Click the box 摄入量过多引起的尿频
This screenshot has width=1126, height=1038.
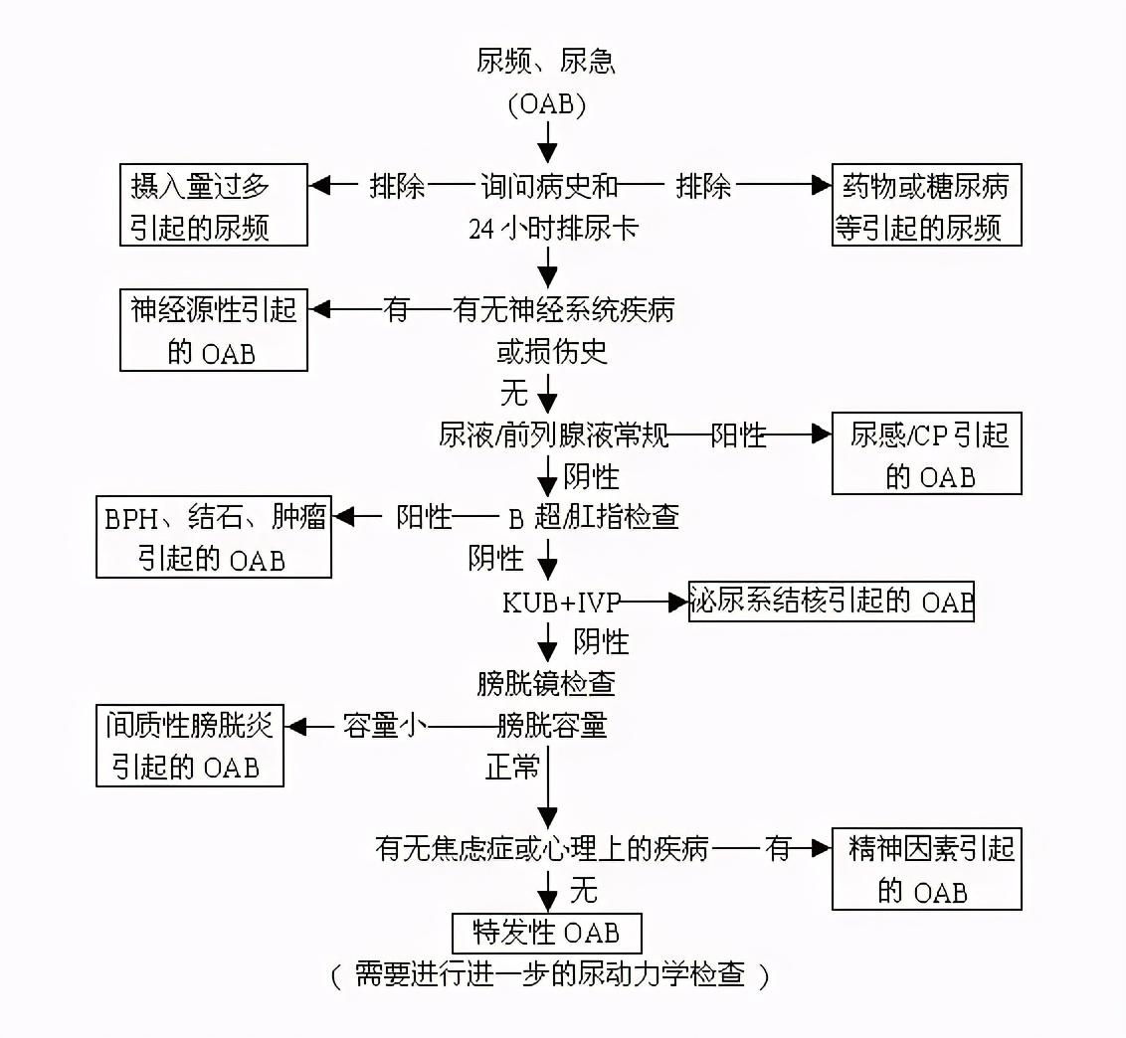pos(214,206)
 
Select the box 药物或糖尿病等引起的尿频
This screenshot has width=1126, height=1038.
pos(926,206)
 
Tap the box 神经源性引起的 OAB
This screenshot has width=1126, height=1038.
pos(214,330)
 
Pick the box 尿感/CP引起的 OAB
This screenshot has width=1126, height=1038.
pos(926,454)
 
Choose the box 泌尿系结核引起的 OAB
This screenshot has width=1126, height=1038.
pos(831,602)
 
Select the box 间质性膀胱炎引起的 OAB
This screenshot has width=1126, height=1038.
pos(190,746)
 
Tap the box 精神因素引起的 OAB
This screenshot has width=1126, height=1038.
pos(926,869)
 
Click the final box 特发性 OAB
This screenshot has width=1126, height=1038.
pos(547,933)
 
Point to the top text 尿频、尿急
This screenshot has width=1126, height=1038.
pos(547,62)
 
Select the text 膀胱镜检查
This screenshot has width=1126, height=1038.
pos(547,684)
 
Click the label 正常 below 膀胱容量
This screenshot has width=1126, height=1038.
pos(511,768)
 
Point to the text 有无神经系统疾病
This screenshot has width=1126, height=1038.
pos(564,310)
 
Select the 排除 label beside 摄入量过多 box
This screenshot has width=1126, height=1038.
pos(397,186)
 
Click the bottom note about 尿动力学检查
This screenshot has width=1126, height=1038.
pos(550,974)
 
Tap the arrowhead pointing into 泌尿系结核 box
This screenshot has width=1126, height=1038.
pos(678,602)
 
